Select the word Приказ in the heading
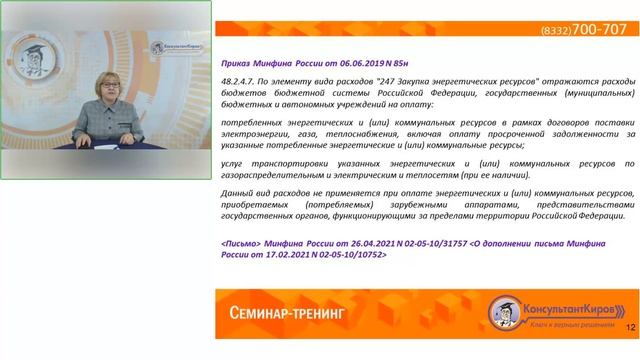tap(239, 62)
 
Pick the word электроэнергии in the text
tap(253, 134)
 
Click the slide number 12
tap(630, 327)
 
